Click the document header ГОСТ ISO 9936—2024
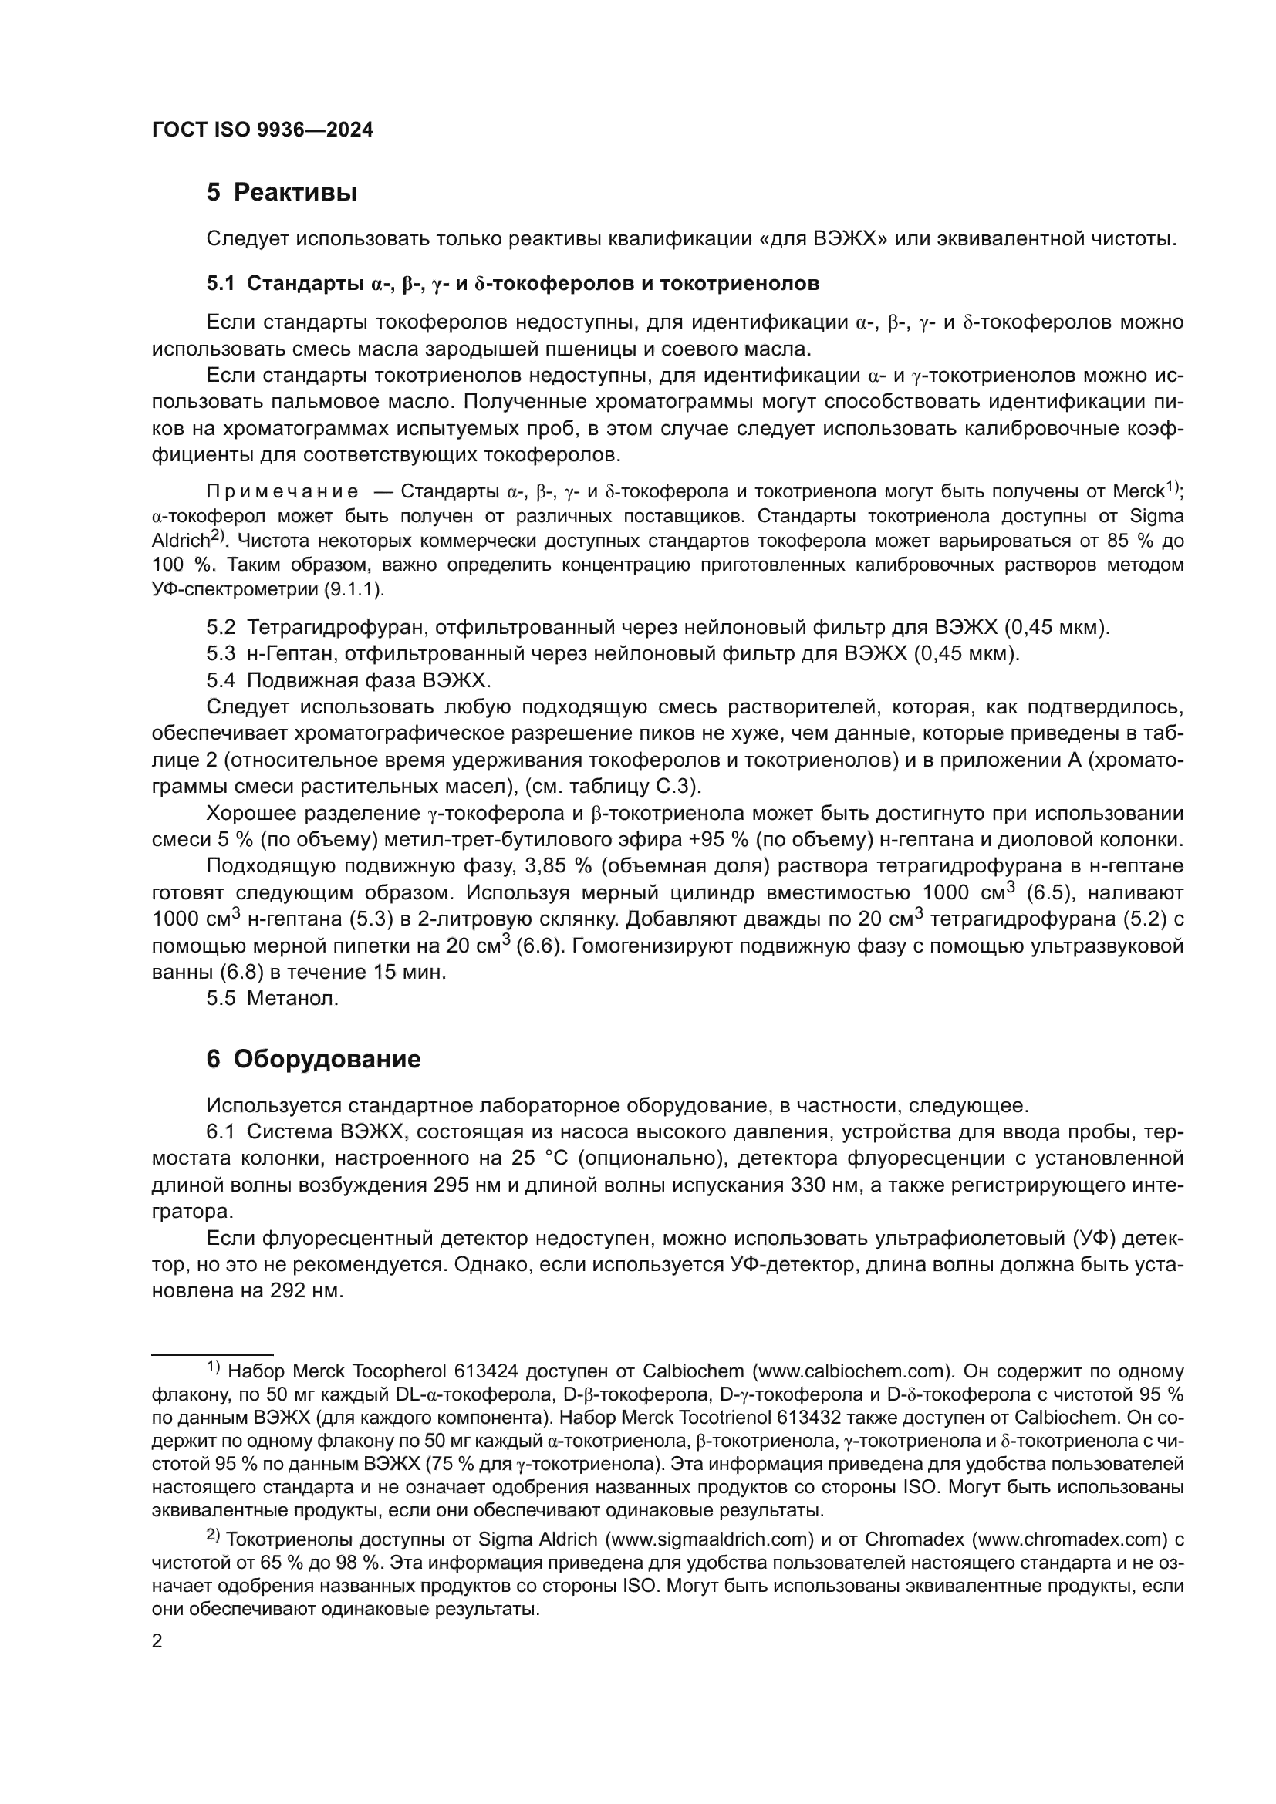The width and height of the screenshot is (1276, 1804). click(262, 130)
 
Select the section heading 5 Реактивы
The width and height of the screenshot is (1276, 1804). click(282, 193)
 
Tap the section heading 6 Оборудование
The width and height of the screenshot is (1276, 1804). click(313, 1059)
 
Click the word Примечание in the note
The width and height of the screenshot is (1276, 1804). click(282, 492)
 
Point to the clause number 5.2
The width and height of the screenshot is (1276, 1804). click(221, 627)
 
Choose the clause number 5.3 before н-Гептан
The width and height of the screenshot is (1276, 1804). click(221, 654)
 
